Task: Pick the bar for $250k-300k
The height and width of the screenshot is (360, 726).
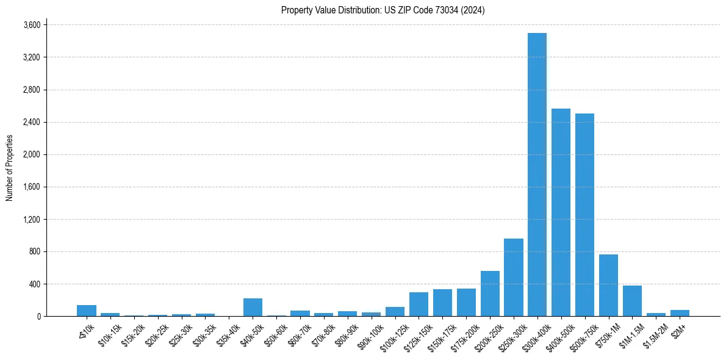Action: (513, 278)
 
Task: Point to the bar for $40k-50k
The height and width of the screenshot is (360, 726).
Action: (253, 308)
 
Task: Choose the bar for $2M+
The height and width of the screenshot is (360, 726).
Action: (680, 313)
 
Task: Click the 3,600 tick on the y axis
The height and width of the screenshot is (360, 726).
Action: (32, 25)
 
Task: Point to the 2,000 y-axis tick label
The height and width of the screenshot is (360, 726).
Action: (32, 154)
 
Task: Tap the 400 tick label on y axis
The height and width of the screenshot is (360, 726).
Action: (34, 284)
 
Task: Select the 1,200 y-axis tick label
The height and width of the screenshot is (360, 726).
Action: (32, 220)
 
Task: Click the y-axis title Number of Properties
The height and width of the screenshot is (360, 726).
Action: (9, 168)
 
